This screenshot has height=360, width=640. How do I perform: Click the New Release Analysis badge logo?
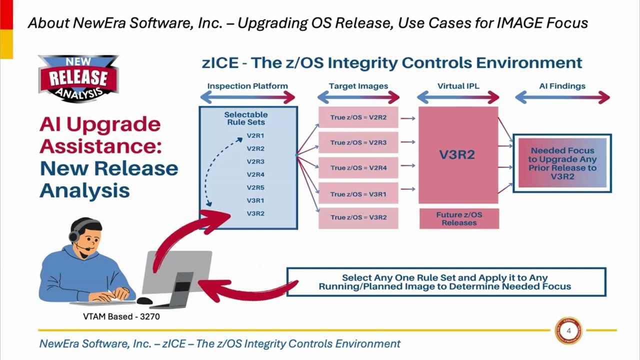(x=78, y=78)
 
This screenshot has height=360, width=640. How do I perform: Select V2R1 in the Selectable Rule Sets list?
(x=255, y=135)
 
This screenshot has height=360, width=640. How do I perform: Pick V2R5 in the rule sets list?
(x=255, y=187)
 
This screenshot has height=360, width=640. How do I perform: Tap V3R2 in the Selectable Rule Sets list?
(x=255, y=213)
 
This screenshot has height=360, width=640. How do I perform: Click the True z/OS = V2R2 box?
(x=358, y=118)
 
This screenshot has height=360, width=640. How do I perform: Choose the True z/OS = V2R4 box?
(x=358, y=168)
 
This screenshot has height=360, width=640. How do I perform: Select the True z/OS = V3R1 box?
(x=358, y=194)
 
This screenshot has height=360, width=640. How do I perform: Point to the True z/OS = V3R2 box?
(x=358, y=217)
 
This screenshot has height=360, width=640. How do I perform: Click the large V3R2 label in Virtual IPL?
(x=457, y=154)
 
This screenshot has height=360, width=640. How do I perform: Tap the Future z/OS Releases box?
(x=459, y=218)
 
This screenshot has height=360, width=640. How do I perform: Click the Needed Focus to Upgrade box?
(x=562, y=163)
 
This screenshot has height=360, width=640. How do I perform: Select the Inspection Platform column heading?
(x=247, y=86)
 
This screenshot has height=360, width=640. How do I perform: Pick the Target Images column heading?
(x=358, y=86)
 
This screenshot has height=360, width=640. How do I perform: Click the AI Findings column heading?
(x=562, y=86)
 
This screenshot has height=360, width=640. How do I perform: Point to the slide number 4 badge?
(x=568, y=330)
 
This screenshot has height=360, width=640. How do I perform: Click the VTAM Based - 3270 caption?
(x=121, y=316)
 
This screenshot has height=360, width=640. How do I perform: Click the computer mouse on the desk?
(x=144, y=301)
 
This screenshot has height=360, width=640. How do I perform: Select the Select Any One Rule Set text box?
(x=446, y=282)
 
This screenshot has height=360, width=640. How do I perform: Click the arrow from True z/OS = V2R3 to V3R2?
(x=408, y=142)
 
